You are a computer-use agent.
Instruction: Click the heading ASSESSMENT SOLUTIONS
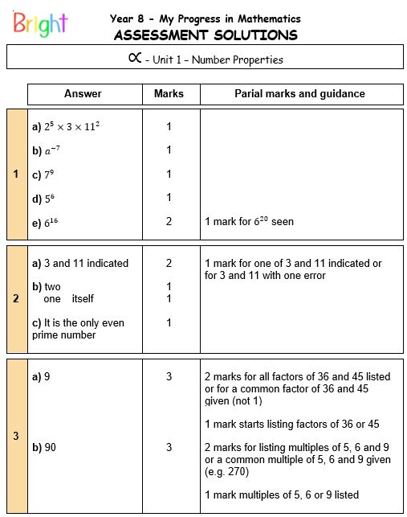[206, 35]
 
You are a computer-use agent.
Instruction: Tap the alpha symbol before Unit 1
[135, 58]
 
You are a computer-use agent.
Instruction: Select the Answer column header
[83, 94]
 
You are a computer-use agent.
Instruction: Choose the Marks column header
[169, 94]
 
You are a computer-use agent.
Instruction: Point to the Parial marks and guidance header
[299, 94]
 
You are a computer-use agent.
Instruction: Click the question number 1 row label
[17, 174]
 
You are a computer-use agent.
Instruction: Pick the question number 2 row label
[17, 298]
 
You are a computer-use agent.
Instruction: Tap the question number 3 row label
[17, 436]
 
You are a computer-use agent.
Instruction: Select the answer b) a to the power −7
[49, 150]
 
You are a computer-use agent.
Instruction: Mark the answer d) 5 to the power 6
[44, 198]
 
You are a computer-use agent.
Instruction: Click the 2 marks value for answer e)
[169, 221]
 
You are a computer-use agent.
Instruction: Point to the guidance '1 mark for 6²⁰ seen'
[249, 221]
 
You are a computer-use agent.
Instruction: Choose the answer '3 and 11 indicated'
[79, 263]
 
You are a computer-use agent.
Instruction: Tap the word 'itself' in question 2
[81, 298]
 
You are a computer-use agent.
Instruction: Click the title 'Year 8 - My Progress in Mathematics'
[206, 18]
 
